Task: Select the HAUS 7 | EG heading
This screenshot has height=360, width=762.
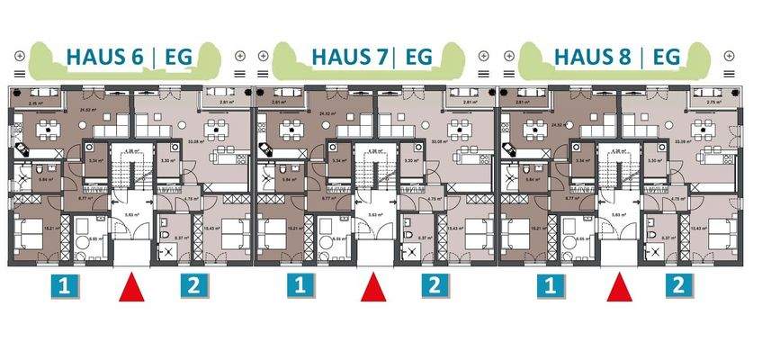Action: pyautogui.click(x=371, y=57)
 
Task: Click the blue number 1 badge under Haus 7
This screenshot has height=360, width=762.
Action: pyautogui.click(x=303, y=288)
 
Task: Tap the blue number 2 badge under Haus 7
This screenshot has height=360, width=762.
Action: pyautogui.click(x=435, y=288)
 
